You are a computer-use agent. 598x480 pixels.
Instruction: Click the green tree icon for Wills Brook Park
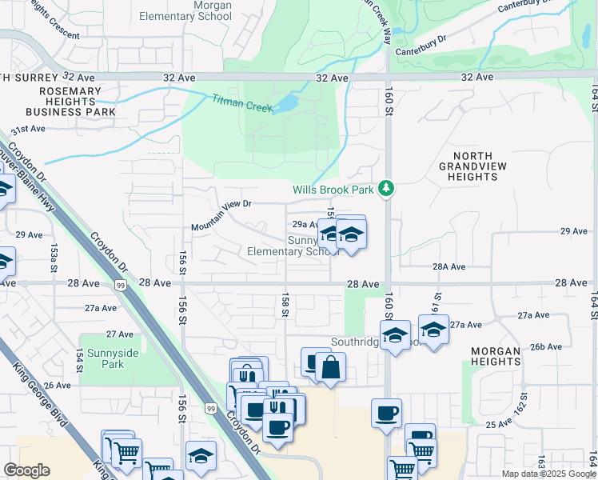tap(387, 188)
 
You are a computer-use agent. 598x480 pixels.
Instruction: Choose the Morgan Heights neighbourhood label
tap(507, 356)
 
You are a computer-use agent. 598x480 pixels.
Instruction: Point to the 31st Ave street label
tap(28, 129)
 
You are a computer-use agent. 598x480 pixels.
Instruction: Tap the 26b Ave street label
tap(547, 346)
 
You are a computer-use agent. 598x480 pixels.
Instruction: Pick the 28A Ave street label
tap(448, 266)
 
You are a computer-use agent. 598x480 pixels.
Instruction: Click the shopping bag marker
tap(329, 369)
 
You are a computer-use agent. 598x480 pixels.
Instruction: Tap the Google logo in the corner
tap(27, 470)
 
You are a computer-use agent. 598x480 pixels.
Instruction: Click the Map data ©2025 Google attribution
tap(548, 474)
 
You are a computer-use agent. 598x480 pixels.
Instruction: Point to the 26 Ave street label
tap(58, 385)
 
